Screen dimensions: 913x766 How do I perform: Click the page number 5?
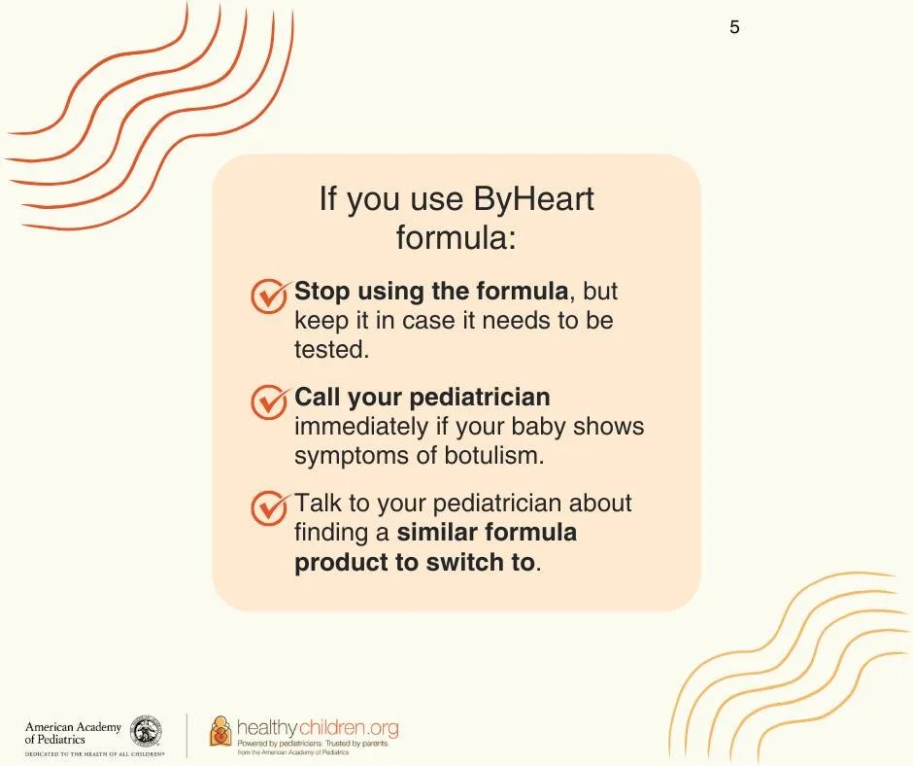734,27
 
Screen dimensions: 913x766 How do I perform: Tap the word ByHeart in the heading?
533,198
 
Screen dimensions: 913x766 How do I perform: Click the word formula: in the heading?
456,238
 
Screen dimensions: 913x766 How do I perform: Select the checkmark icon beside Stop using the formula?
270,296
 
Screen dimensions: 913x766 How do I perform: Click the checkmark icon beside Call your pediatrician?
270,401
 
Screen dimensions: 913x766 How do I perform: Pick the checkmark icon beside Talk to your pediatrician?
270,507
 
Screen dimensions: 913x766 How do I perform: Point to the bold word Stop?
322,292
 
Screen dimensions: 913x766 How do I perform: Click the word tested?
331,350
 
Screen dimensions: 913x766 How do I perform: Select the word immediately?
361,428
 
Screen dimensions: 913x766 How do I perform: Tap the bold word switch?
480,563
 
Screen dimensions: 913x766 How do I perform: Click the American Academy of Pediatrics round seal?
146,731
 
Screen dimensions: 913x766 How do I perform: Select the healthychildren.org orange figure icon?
220,731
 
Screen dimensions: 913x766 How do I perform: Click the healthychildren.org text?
318,727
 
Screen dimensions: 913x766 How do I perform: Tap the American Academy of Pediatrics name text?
73,733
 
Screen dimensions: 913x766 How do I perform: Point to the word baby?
539,428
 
